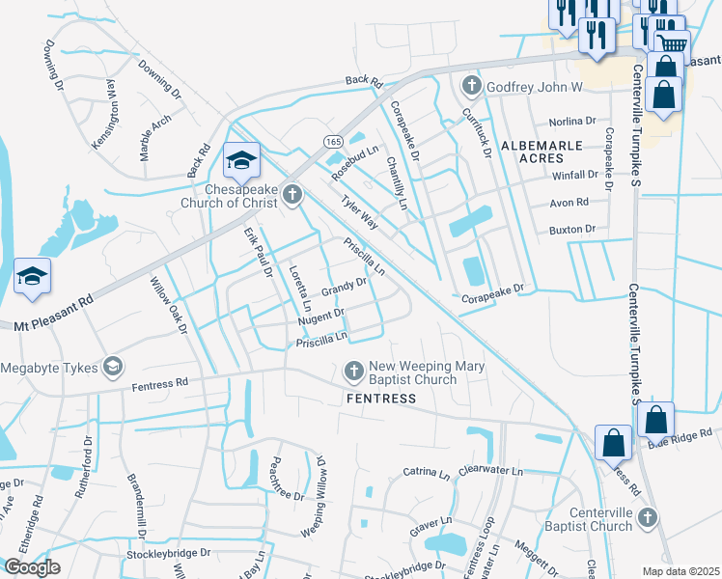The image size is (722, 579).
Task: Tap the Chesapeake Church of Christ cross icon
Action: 293,197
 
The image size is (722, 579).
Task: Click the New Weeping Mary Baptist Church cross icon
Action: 354,371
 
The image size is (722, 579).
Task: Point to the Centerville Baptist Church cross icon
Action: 648,519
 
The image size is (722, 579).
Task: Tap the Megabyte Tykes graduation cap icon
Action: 114,366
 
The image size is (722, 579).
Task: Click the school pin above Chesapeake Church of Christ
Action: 240,159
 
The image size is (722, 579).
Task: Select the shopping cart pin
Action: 673,43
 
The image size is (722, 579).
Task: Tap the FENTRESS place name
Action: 383,399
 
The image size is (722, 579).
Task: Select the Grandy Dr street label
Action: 345,287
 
